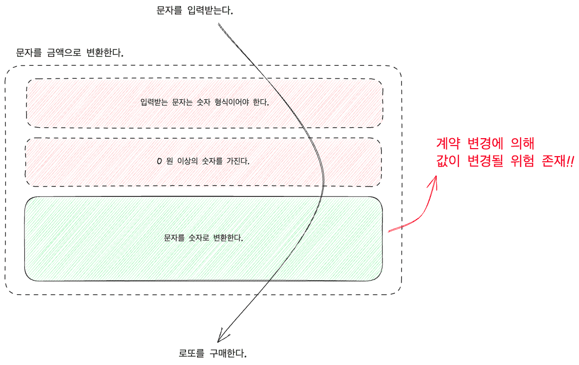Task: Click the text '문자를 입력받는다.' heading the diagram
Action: click(194, 10)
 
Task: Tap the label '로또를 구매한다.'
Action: click(212, 353)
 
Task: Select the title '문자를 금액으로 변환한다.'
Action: click(69, 53)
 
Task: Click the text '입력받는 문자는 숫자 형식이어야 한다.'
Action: click(204, 102)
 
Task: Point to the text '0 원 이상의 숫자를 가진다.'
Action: click(203, 161)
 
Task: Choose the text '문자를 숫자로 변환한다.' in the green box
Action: click(203, 238)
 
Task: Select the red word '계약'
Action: click(448, 143)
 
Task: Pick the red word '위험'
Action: click(522, 161)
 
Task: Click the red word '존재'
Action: click(553, 161)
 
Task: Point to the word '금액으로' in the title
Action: click(64, 53)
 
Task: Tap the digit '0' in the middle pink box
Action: click(159, 161)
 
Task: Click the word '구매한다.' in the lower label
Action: click(228, 353)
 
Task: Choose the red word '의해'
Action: click(522, 143)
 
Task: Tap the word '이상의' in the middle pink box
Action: click(188, 161)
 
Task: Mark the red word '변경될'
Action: click(485, 161)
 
